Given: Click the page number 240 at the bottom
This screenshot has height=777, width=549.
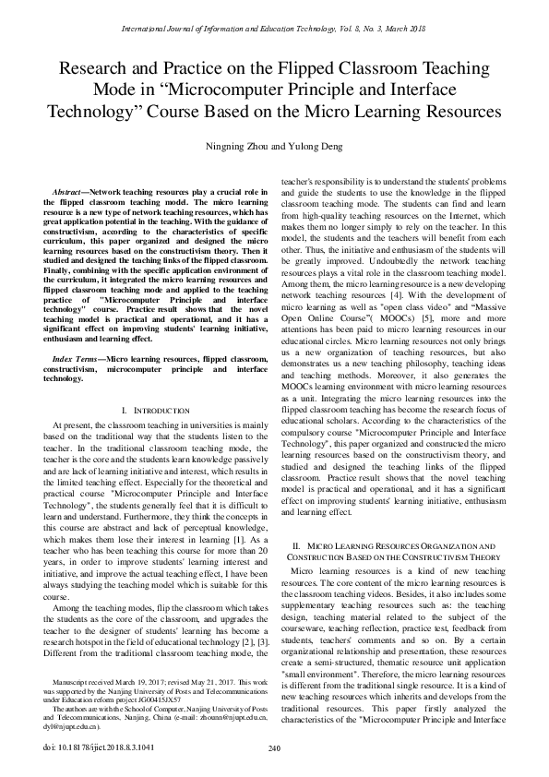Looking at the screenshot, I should tap(274, 747).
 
